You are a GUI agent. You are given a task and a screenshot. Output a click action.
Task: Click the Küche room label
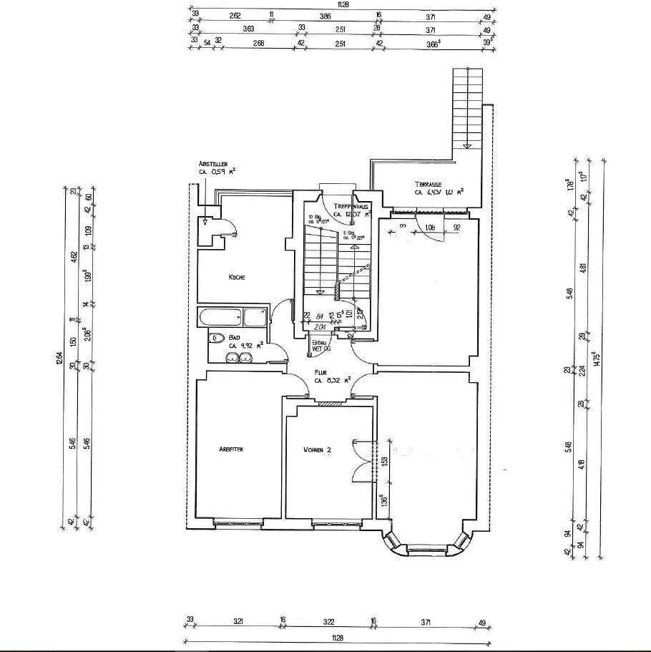(238, 278)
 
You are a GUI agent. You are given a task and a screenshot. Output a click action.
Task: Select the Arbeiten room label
(232, 449)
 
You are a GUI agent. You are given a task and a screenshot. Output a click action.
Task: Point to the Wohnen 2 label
(317, 449)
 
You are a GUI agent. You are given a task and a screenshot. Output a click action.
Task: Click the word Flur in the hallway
(320, 372)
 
